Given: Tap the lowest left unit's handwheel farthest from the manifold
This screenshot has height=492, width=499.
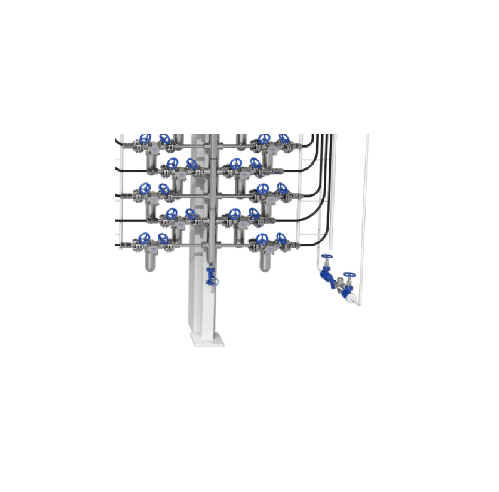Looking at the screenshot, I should [145, 238].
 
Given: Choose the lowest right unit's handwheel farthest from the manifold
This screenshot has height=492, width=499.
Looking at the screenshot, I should [282, 239].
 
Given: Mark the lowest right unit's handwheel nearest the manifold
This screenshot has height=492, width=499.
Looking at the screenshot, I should [262, 239].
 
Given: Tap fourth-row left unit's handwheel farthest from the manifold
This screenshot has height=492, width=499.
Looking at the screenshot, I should [171, 214].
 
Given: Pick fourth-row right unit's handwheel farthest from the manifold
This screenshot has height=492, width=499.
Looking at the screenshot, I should [254, 214].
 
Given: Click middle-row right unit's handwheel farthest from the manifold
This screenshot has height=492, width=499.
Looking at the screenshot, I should [282, 189].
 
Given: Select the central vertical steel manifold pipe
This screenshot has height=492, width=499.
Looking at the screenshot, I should [213, 199].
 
